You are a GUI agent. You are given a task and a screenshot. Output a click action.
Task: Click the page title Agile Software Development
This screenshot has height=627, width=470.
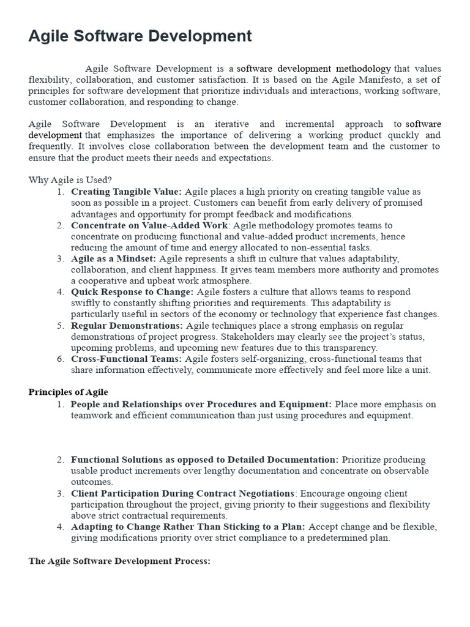coord(140,36)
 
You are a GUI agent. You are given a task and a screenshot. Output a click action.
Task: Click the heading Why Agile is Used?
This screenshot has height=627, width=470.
coord(70,180)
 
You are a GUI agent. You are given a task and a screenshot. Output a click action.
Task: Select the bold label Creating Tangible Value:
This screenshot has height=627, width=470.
coord(126,192)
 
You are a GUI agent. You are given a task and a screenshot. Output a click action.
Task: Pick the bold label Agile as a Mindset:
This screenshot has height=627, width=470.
coord(113,258)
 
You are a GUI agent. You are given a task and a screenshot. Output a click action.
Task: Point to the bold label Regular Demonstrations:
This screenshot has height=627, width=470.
coord(127,326)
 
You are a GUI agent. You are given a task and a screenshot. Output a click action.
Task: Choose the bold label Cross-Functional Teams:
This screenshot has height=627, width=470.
coord(126,359)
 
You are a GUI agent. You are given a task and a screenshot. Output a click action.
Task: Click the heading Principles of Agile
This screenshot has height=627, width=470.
coord(69,392)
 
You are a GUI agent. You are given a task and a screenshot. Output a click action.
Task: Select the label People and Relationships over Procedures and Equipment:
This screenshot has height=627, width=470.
coord(201,404)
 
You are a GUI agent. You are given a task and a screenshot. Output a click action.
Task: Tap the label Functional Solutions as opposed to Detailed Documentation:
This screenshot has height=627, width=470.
coord(204,459)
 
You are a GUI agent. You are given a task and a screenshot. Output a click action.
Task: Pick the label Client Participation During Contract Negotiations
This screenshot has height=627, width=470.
coord(182,494)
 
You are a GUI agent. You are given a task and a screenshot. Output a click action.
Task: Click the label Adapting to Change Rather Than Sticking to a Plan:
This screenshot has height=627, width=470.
coord(188,527)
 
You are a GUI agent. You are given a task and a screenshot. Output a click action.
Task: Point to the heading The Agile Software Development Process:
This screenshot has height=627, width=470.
coord(120,561)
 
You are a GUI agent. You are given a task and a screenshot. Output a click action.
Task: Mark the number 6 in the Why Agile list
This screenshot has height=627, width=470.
coord(61,359)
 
